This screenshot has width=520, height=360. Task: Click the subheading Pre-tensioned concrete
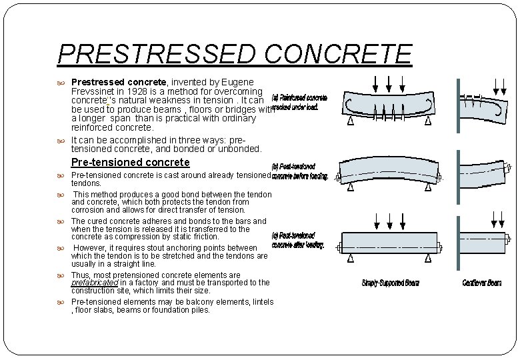pos(130,162)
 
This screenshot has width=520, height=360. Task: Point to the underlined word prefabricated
pos(94,283)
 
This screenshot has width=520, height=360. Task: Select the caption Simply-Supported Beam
pos(391,283)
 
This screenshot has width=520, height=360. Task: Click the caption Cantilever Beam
pos(482,283)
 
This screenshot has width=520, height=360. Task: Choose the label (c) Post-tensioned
pos(293,236)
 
